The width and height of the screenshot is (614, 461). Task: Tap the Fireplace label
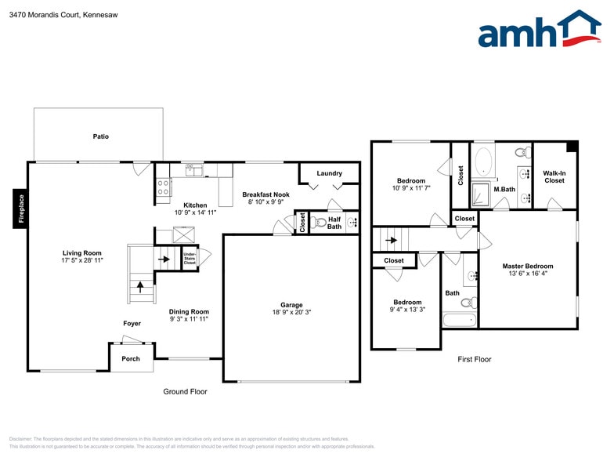pyautogui.click(x=21, y=209)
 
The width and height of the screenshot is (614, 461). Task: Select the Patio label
pyautogui.click(x=100, y=136)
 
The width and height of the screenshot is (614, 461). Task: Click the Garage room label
pyautogui.click(x=291, y=305)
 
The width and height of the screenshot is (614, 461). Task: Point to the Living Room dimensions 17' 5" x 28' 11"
pyautogui.click(x=82, y=260)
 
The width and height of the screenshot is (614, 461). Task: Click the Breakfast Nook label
pyautogui.click(x=265, y=194)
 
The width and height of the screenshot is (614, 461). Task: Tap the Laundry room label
pyautogui.click(x=329, y=173)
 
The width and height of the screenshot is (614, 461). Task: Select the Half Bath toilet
pyautogui.click(x=319, y=223)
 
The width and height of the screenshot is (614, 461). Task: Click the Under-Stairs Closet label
pyautogui.click(x=190, y=259)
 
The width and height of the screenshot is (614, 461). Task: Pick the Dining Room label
pyautogui.click(x=189, y=311)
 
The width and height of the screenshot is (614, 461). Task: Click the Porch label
pyautogui.click(x=130, y=359)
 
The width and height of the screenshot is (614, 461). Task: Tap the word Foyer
pyautogui.click(x=132, y=323)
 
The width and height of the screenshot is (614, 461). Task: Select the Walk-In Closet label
pyautogui.click(x=554, y=176)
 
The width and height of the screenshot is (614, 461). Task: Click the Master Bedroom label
pyautogui.click(x=527, y=267)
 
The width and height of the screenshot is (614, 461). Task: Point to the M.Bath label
pyautogui.click(x=504, y=189)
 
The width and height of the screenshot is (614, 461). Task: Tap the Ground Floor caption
pyautogui.click(x=185, y=391)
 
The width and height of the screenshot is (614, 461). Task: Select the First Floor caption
pyautogui.click(x=474, y=359)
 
